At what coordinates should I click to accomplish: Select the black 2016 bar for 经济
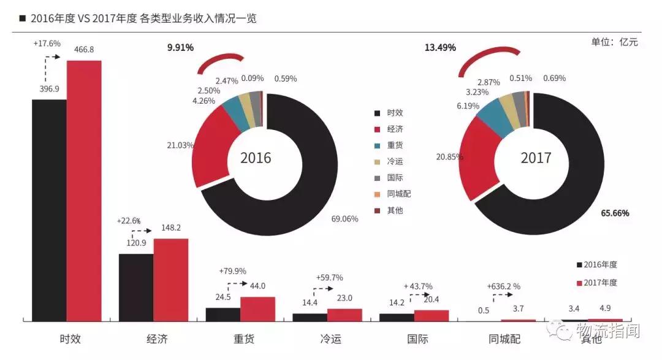click(x=135, y=287)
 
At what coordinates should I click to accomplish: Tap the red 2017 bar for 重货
click(x=257, y=308)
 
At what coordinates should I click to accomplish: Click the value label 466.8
click(x=84, y=50)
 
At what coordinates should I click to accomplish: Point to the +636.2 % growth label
click(x=503, y=286)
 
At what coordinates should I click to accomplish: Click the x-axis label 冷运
click(x=327, y=339)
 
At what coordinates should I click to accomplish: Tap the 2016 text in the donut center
click(x=256, y=158)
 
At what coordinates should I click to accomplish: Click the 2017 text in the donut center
click(x=536, y=158)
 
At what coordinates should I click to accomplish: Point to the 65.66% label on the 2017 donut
click(x=615, y=213)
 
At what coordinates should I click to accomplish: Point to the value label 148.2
click(x=170, y=228)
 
